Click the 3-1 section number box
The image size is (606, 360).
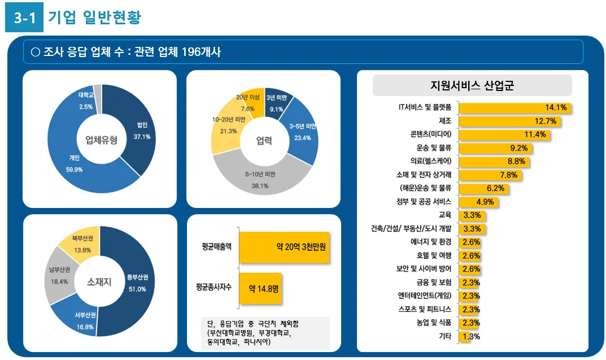[24, 18]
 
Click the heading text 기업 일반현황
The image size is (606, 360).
[94, 18]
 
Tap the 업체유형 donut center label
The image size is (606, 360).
[101, 140]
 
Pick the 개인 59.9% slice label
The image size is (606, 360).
[74, 163]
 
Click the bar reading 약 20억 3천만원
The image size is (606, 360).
[284, 247]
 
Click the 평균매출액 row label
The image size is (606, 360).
[216, 247]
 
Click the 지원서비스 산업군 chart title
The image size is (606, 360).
[472, 86]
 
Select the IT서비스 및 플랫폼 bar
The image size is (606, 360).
[515, 107]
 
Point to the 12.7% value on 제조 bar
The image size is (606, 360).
[546, 121]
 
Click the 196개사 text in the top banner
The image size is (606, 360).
[201, 53]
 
